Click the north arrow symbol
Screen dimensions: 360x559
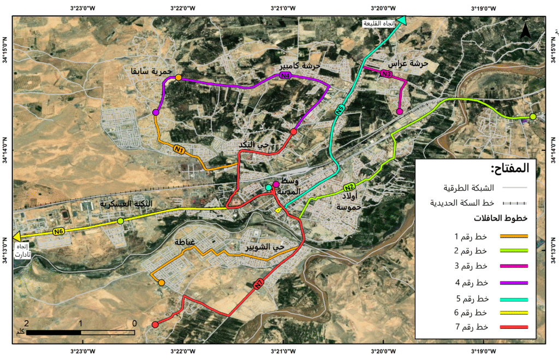pos(525,32)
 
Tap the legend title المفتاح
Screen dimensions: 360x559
pos(510,168)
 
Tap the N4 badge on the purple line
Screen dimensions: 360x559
pos(284,76)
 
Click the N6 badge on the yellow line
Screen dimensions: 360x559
pos(59,232)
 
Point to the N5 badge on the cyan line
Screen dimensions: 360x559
pos(340,110)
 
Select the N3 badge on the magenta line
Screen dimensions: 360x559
pos(386,74)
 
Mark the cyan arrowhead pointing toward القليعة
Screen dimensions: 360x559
pos(402,21)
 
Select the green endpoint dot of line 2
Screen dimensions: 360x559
pos(533,117)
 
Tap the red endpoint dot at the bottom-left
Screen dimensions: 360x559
pos(155,324)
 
